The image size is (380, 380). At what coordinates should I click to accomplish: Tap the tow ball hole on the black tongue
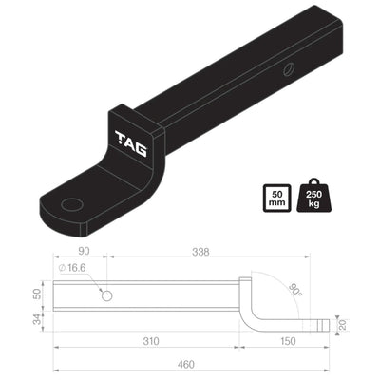coord(70,203)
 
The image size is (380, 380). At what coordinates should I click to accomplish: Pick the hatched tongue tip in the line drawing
coord(321,323)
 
